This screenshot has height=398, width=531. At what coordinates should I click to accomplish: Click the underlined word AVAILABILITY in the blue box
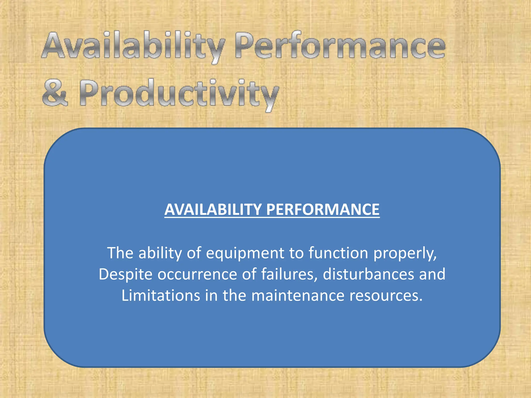[213, 209]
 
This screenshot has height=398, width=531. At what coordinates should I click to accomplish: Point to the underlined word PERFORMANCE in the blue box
[323, 209]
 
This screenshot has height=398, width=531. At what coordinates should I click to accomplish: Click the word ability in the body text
[160, 253]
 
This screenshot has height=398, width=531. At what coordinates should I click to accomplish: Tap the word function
[338, 253]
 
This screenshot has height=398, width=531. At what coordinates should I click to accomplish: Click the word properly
[405, 253]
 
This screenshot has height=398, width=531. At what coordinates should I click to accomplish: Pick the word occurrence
[197, 274]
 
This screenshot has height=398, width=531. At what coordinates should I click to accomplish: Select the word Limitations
[161, 295]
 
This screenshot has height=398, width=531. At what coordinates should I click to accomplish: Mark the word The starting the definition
[120, 253]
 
